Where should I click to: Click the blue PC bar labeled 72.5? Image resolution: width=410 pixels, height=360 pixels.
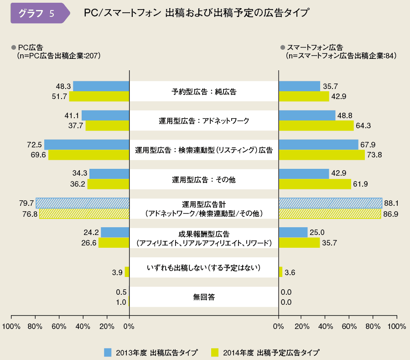(87, 145)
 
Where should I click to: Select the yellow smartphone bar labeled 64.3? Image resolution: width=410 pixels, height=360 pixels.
(316, 125)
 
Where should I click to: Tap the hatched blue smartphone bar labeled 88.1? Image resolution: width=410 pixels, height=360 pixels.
(330, 203)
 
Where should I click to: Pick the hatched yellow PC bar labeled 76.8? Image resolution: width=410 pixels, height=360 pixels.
(84, 214)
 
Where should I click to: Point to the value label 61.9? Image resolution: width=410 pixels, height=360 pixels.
(362, 184)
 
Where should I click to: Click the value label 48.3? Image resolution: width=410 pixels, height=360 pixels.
(62, 86)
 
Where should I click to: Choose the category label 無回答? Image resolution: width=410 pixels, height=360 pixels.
(204, 297)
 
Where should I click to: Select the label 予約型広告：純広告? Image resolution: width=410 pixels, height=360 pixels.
(204, 91)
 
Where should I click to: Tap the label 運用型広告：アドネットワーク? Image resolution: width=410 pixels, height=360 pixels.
(204, 121)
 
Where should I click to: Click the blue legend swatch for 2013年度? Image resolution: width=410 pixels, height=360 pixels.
(108, 352)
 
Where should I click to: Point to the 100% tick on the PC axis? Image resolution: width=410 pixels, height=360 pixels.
(11, 327)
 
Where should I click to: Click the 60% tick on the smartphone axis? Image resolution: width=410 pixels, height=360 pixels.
(349, 327)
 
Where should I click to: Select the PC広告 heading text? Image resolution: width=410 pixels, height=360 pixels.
(30, 47)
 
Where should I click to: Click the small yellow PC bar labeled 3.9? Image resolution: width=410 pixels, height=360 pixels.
(127, 272)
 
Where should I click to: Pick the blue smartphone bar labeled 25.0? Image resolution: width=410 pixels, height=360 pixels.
(293, 233)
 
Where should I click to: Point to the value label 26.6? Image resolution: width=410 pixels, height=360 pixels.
(88, 243)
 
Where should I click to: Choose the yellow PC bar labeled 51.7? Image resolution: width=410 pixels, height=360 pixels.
(99, 96)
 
